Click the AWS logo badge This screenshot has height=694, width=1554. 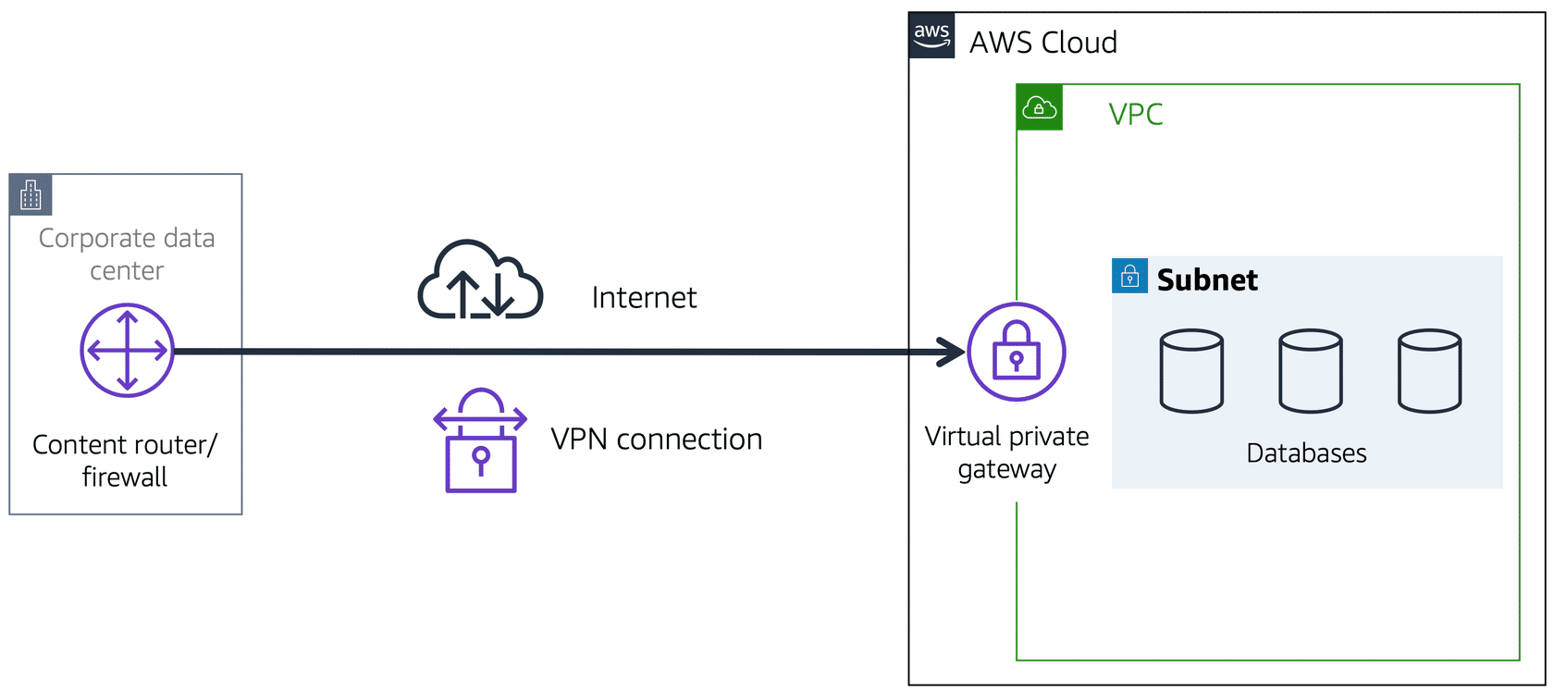click(x=931, y=36)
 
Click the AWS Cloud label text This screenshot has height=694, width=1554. click(x=1042, y=43)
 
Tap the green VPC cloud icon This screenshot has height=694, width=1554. click(x=1039, y=107)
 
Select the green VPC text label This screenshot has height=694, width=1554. click(x=1135, y=115)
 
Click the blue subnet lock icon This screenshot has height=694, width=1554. click(x=1129, y=276)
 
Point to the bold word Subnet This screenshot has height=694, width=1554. click(x=1207, y=279)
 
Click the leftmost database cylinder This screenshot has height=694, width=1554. click(x=1191, y=370)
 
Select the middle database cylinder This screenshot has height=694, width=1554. click(x=1310, y=370)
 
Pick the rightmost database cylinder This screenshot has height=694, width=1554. click(x=1429, y=370)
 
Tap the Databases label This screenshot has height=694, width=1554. click(x=1306, y=453)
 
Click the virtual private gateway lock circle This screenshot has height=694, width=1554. click(x=1016, y=352)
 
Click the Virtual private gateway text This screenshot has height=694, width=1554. click(x=1006, y=452)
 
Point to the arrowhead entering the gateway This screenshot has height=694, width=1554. click(x=953, y=352)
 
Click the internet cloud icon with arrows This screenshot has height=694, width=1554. click(x=480, y=281)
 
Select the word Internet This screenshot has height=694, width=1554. click(x=644, y=298)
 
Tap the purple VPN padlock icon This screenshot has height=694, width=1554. click(x=480, y=441)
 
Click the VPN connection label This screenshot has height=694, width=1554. click(x=656, y=440)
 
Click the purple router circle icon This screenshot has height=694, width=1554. click(x=127, y=351)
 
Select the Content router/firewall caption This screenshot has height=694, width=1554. click(x=125, y=461)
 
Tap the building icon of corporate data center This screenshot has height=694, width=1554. click(x=31, y=194)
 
